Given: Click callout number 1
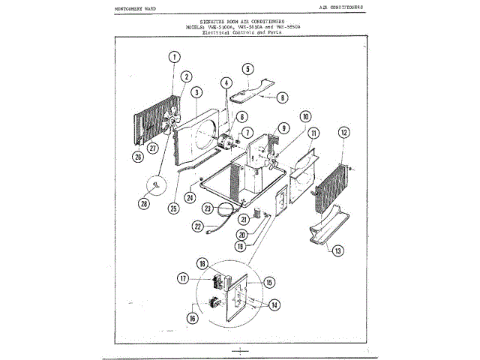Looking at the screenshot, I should [x=175, y=57].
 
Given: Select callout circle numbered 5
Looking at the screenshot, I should [x=247, y=69].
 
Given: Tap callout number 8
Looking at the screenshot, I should [x=282, y=97].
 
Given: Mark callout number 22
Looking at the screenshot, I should [x=198, y=225].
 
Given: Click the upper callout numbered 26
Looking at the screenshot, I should [x=137, y=157].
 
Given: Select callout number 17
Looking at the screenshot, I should [x=182, y=277].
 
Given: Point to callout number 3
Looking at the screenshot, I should [x=196, y=92].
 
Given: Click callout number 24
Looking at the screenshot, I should [x=190, y=198].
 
